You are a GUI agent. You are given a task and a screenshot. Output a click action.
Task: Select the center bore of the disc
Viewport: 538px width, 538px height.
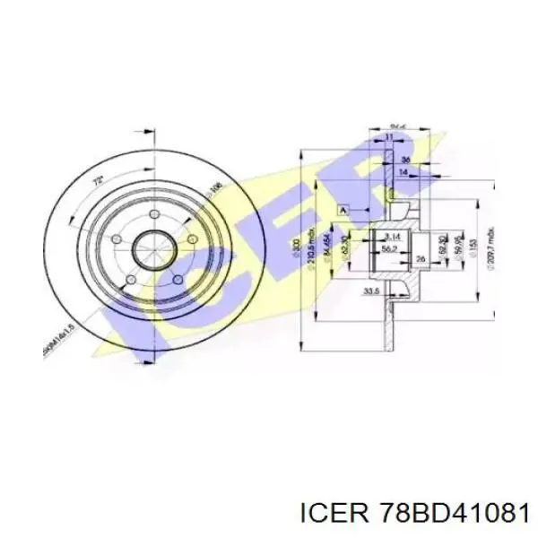point(153,251)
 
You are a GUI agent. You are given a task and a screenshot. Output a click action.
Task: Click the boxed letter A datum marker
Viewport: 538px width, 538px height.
point(343,209)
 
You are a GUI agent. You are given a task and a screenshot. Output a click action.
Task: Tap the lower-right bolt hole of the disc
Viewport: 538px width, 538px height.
point(177,280)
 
